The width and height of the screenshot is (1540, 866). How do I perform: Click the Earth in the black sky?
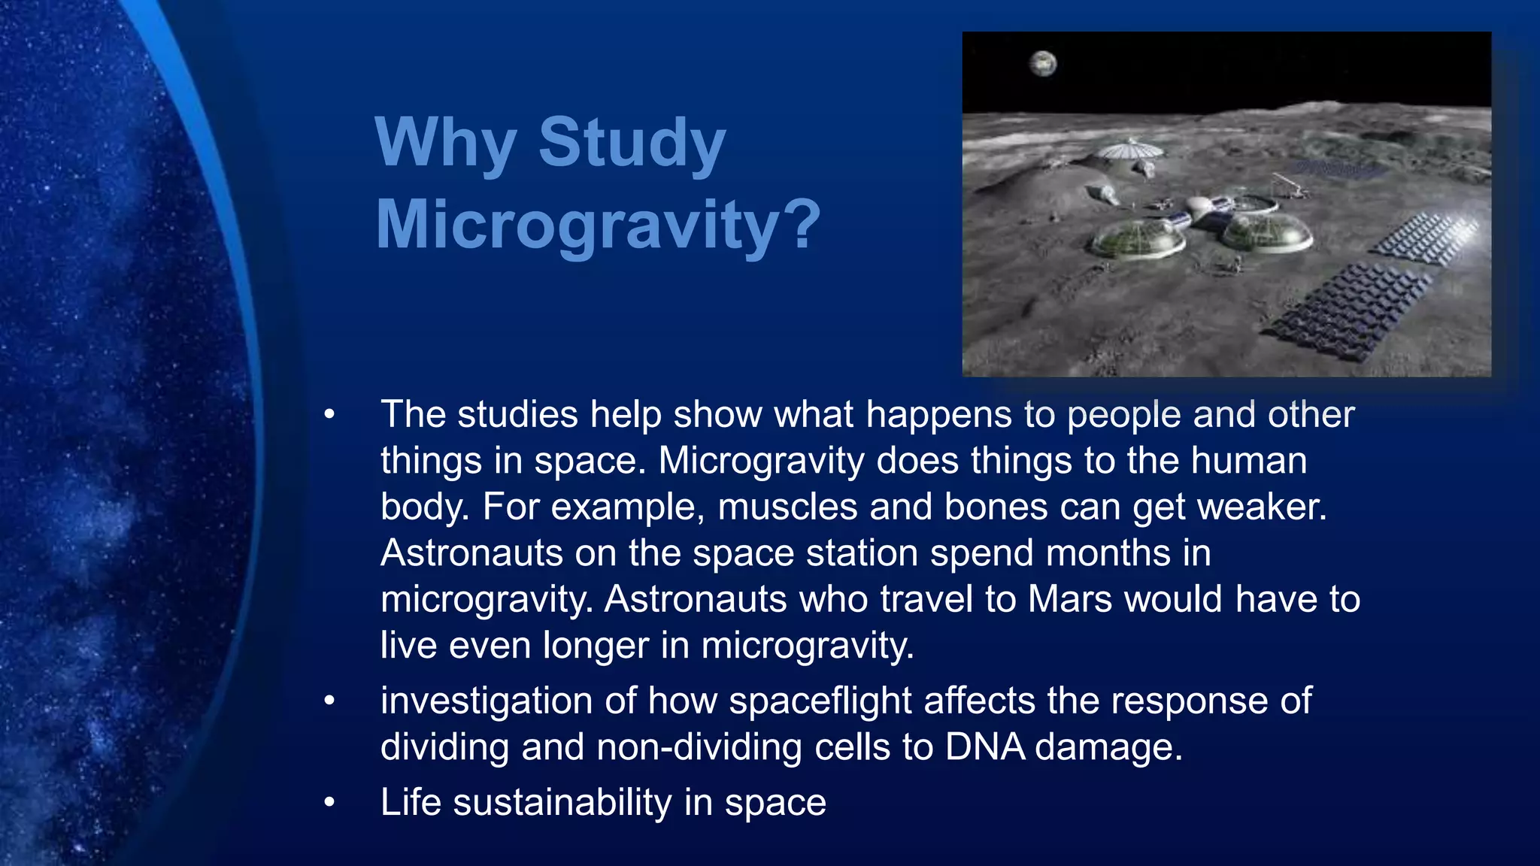click(x=1043, y=64)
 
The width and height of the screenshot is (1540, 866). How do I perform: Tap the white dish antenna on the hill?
click(x=1127, y=150)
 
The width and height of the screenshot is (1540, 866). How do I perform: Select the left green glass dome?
click(x=1138, y=238)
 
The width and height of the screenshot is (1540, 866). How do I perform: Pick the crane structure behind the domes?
click(x=1288, y=185)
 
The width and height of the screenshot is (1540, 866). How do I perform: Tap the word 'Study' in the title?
click(x=632, y=143)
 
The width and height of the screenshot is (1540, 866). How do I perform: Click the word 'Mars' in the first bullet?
click(x=1069, y=599)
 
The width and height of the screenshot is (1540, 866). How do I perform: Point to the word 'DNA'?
click(x=984, y=746)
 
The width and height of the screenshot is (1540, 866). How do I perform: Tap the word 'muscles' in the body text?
click(x=787, y=507)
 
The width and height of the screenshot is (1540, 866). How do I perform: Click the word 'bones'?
click(x=996, y=507)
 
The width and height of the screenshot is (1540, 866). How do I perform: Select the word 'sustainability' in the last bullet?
click(x=562, y=802)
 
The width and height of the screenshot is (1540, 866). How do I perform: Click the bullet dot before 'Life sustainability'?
click(x=329, y=802)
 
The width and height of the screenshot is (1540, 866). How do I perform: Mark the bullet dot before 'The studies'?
click(x=329, y=414)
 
